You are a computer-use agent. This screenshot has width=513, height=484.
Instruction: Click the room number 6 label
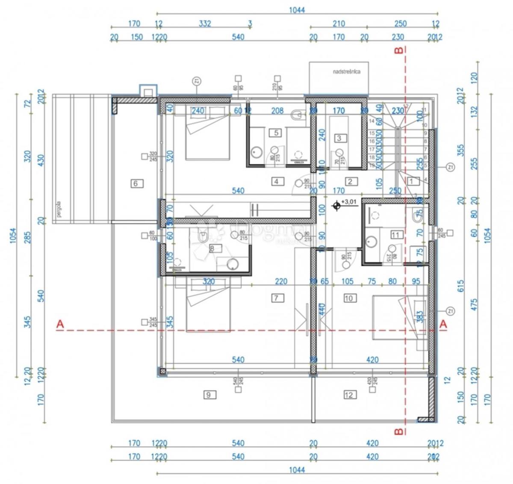[x=136, y=183]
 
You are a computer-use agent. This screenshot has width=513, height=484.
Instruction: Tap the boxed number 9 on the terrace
[x=209, y=395]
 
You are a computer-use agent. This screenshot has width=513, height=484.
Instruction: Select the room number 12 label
[x=349, y=395]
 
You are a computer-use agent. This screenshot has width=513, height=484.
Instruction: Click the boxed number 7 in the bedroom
[x=277, y=298]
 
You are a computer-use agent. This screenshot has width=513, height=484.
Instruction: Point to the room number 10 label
[x=349, y=298]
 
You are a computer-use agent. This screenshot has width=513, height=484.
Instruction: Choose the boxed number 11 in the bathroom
[x=396, y=234]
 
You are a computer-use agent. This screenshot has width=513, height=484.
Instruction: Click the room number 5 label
[x=276, y=133]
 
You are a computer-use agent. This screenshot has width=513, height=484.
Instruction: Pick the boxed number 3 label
[x=339, y=138]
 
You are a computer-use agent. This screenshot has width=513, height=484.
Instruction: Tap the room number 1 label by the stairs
[x=412, y=181]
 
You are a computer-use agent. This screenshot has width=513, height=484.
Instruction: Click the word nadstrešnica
[x=346, y=72]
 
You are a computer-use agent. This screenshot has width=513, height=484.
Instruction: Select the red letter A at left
[x=60, y=325]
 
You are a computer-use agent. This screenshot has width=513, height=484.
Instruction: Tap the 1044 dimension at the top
[x=297, y=10]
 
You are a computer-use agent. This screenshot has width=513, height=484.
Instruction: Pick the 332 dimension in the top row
[x=205, y=24]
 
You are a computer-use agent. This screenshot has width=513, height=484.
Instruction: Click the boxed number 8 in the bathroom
[x=212, y=248]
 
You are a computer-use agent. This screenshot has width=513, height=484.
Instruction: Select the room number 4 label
[x=277, y=181]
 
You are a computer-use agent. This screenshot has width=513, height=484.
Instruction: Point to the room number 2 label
[x=350, y=181]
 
